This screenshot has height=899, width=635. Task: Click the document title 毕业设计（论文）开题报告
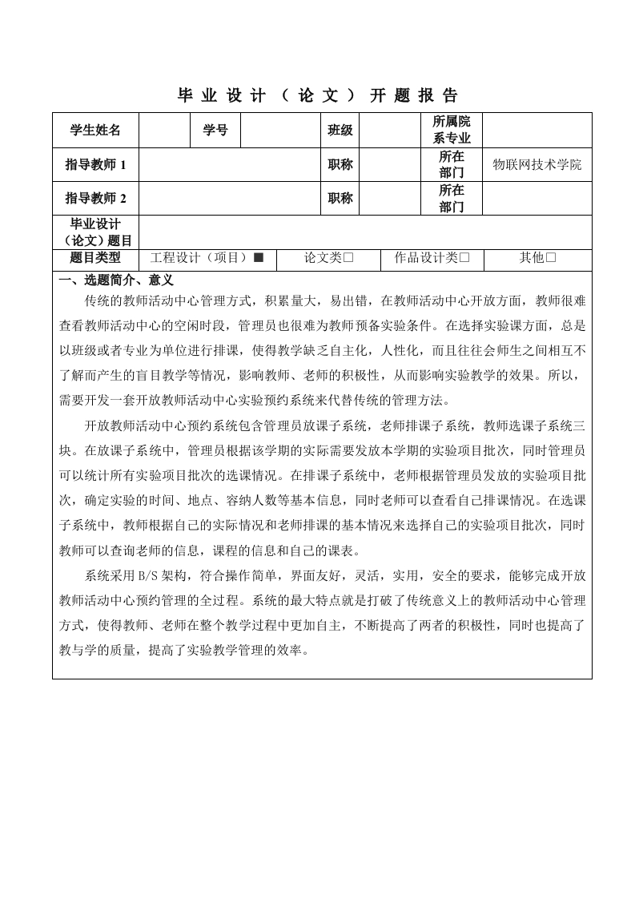click(317, 96)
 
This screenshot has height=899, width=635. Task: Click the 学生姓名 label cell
click(95, 131)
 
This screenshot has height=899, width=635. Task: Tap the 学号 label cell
click(215, 131)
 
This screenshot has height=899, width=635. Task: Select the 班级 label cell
click(340, 131)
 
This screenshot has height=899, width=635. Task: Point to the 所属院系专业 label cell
click(452, 130)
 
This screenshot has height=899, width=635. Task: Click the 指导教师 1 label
click(95, 165)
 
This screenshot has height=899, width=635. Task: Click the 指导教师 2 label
click(95, 199)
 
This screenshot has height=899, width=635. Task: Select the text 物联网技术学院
click(537, 165)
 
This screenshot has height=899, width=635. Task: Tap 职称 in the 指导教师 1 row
click(340, 165)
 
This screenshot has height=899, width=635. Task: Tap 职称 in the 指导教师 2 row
click(340, 199)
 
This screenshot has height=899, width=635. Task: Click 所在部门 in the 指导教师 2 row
click(452, 199)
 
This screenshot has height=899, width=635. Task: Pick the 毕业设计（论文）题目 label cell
click(95, 232)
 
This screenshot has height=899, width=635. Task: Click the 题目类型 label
click(95, 258)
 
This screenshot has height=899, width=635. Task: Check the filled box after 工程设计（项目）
click(258, 258)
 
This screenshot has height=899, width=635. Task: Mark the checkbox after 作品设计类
click(464, 258)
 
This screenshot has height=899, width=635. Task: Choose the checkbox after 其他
click(551, 258)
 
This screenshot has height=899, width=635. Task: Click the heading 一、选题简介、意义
click(117, 280)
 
